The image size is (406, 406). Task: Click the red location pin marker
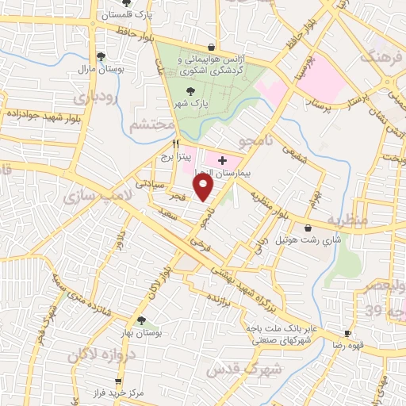point(204,187)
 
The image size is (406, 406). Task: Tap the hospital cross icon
point(221,161)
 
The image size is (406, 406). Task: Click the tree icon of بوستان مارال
point(101,56)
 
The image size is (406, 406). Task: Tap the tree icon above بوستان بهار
point(141,320)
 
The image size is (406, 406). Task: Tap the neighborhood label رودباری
point(95,97)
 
